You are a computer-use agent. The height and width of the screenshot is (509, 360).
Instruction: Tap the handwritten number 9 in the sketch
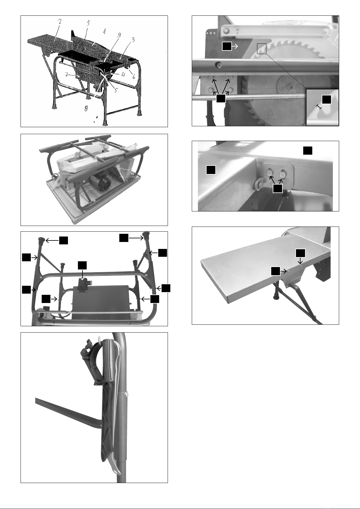tap(119, 35)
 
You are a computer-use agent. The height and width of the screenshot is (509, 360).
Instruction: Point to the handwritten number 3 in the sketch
tap(133, 40)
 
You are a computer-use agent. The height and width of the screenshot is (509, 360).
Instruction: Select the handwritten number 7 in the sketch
tap(66, 75)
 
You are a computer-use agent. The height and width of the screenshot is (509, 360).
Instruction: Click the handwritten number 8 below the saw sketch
tap(86, 109)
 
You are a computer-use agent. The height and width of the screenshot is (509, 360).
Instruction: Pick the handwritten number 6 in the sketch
tap(134, 77)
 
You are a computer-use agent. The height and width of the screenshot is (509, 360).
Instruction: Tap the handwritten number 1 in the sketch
tap(104, 31)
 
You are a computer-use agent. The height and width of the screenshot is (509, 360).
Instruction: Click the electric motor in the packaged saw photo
tap(100, 182)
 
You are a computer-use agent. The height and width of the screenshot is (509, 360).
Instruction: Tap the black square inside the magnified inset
tap(326, 99)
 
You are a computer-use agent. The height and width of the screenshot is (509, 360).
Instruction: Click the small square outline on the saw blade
tap(262, 48)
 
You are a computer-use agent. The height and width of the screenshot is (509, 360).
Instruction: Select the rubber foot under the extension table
tap(276, 296)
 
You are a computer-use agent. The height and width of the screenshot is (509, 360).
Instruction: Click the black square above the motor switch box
tap(82, 266)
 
